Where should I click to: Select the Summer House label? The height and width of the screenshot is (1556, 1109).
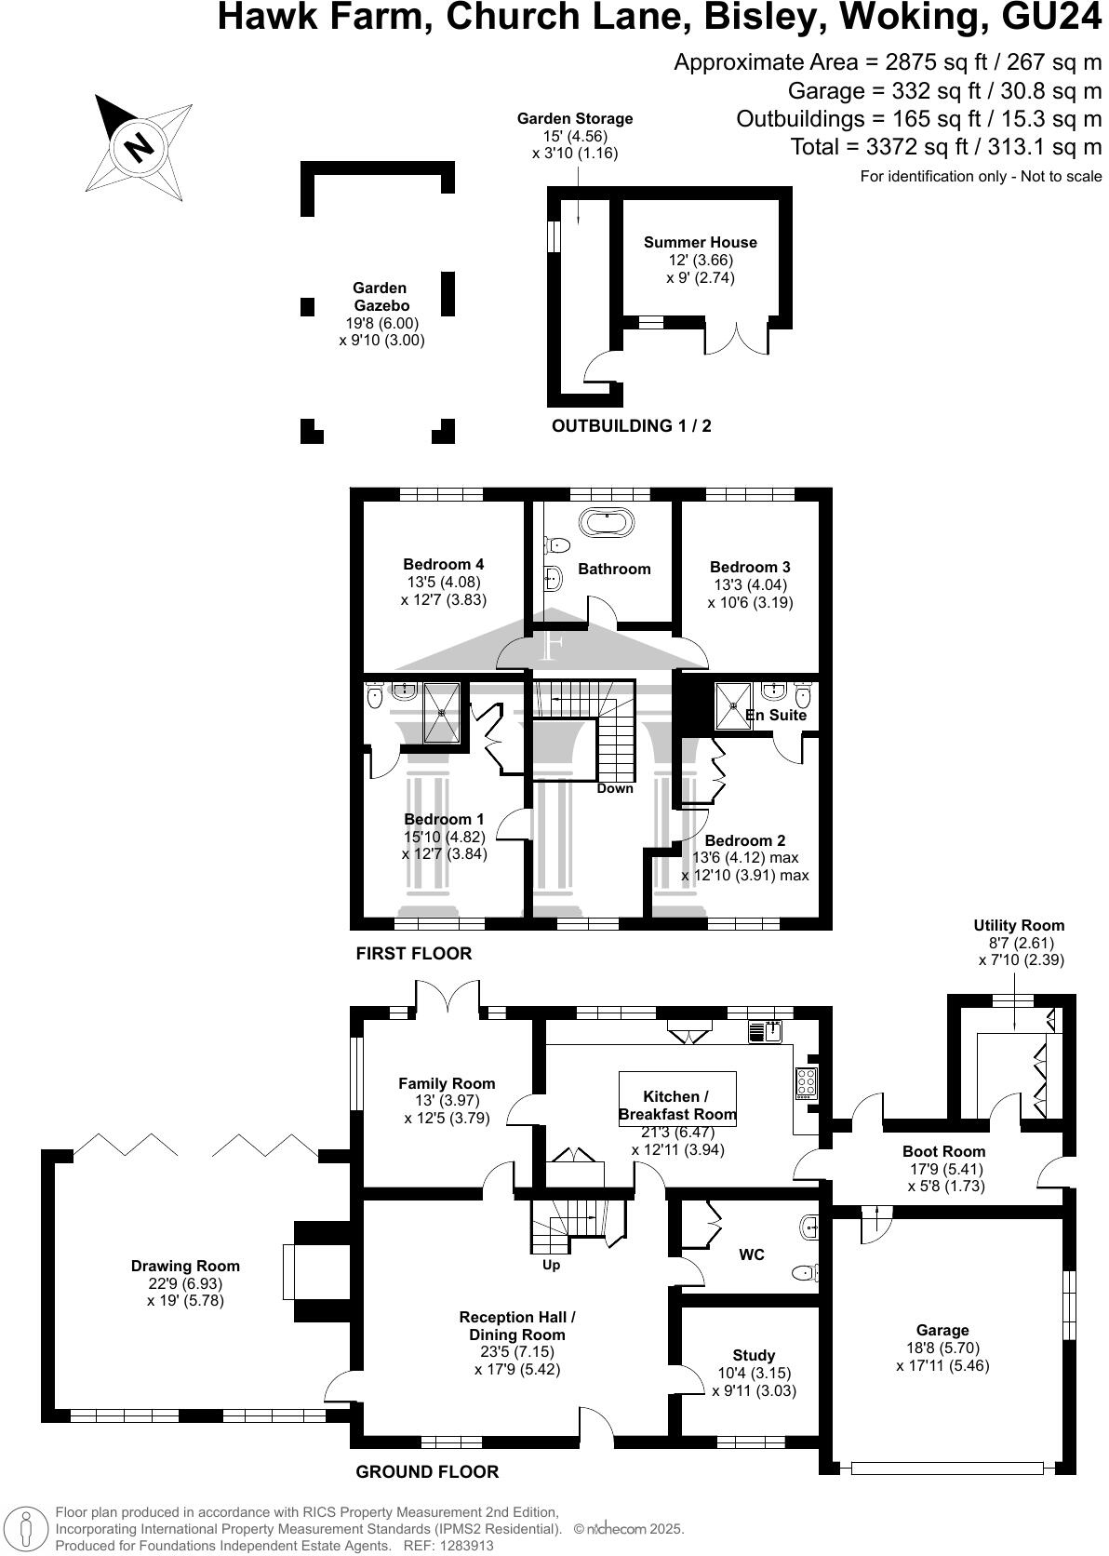tap(700, 242)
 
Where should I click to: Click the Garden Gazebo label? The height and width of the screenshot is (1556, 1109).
tap(381, 297)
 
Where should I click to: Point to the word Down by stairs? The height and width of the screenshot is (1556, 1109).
tap(615, 788)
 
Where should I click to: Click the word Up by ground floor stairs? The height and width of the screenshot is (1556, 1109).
tap(551, 1265)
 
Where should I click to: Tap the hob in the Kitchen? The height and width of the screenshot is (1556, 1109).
tap(807, 1081)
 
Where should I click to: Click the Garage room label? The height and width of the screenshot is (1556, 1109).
tap(942, 1330)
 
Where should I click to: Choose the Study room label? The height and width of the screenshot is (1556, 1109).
tap(753, 1355)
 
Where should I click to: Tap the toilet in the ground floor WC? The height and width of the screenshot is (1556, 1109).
tap(805, 1272)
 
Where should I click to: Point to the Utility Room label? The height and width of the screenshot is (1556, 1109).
tap(1019, 925)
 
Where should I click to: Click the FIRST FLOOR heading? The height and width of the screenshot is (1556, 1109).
tap(414, 953)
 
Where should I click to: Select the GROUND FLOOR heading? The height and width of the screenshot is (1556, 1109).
tap(427, 1471)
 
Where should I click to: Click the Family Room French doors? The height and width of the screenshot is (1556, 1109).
tap(448, 999)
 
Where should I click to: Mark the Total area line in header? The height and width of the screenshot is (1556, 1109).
tap(945, 147)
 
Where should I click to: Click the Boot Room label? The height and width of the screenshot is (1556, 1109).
tap(943, 1151)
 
